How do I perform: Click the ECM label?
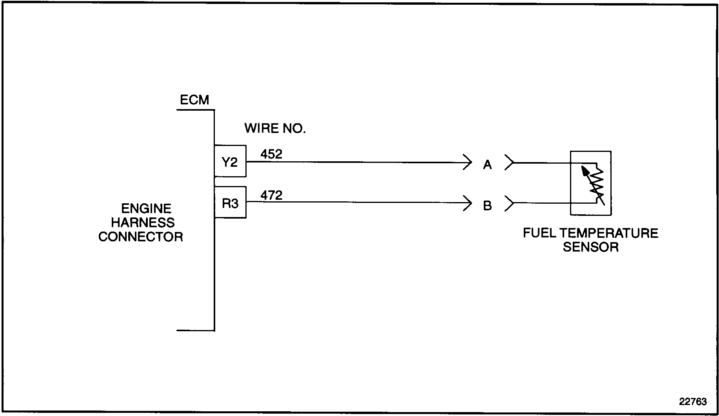(x=194, y=100)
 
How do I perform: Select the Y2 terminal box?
(x=230, y=161)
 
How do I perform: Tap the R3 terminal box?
(x=230, y=203)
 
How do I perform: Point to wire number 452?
(x=271, y=154)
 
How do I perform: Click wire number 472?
(x=271, y=195)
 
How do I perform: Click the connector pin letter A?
(x=487, y=165)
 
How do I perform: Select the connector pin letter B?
(x=487, y=206)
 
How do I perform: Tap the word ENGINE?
(x=146, y=208)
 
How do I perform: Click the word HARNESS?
(x=143, y=223)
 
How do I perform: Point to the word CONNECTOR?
(x=141, y=237)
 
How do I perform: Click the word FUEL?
(x=539, y=233)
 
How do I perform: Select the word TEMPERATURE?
(x=609, y=233)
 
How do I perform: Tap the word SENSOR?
(x=591, y=247)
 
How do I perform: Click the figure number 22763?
(x=693, y=401)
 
